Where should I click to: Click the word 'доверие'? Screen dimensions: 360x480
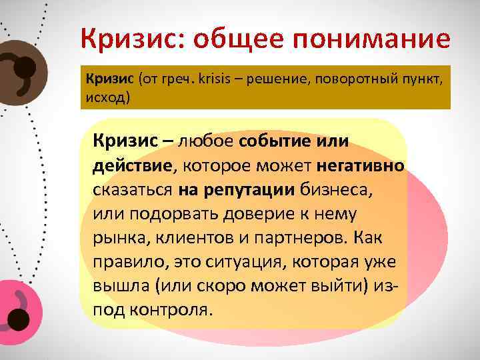pos(250,214)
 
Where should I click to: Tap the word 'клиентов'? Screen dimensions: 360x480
pos(195,238)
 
